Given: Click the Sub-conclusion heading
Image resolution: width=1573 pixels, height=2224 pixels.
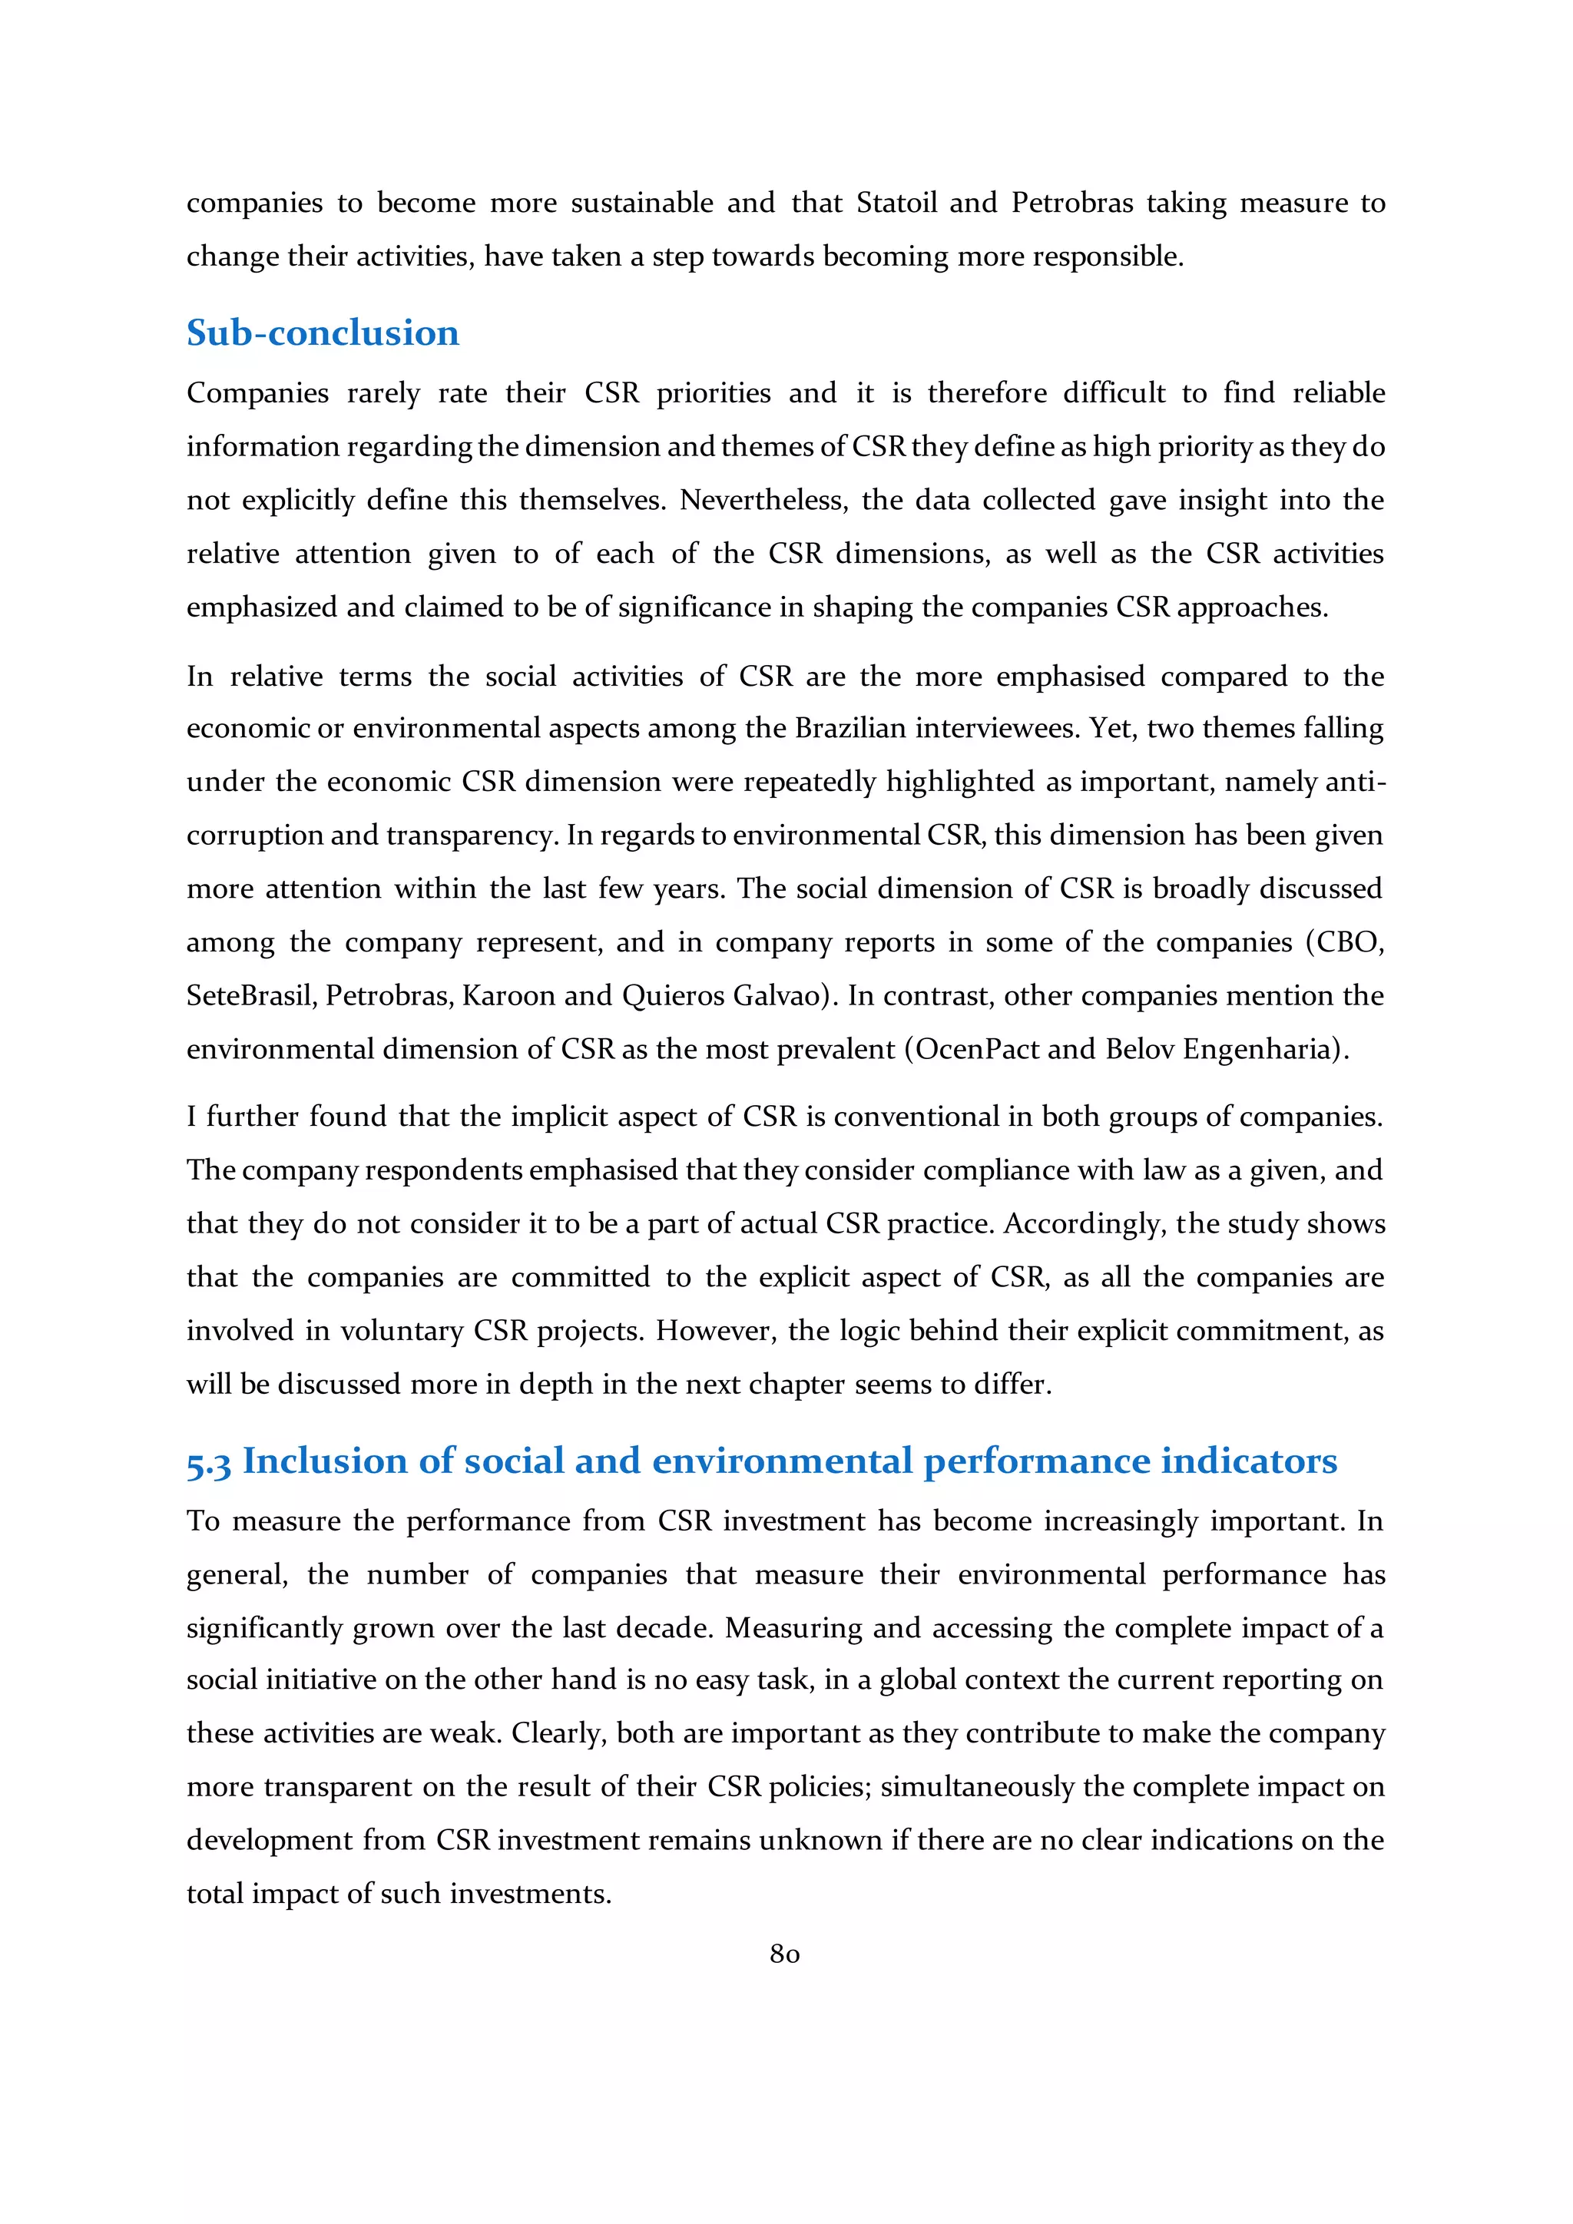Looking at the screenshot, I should click(323, 333).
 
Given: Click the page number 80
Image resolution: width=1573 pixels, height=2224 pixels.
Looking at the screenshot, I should click(784, 1954).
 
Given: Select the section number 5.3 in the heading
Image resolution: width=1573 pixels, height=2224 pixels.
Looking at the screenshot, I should click(208, 1463).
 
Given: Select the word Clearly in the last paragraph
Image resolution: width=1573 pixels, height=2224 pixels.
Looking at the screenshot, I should click(559, 1733).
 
